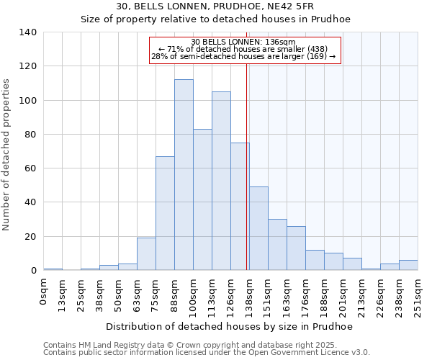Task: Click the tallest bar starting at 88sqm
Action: pos(184,175)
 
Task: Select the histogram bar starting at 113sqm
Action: pos(221,181)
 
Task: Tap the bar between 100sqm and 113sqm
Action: pos(202,199)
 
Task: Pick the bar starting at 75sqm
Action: pos(165,213)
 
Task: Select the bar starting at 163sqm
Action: pos(296,248)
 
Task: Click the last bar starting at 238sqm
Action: pos(408,265)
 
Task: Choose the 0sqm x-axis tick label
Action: pos(43,292)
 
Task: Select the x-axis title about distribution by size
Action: pos(229,326)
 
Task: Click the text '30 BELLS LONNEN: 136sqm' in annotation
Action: pos(244,42)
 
